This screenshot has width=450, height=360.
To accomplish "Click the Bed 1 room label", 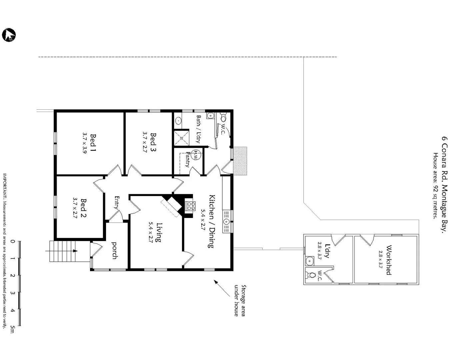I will click(93, 143).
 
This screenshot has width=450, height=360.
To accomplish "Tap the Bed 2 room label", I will click(84, 208).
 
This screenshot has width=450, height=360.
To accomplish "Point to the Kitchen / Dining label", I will click(211, 221).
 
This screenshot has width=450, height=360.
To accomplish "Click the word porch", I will click(114, 250).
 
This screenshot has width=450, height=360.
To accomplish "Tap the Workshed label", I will click(388, 260).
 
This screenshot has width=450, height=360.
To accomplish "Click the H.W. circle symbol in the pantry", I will click(196, 154).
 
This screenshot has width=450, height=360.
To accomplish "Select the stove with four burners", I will click(190, 206).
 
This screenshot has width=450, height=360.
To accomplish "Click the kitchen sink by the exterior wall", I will click(227, 221).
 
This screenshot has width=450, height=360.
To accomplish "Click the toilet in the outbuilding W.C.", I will click(311, 275).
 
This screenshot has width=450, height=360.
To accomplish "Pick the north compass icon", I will click(9, 35).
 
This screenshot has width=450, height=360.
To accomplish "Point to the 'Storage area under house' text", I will click(240, 300).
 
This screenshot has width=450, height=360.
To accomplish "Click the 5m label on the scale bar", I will click(12, 330).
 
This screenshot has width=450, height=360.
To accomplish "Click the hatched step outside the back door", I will click(240, 161).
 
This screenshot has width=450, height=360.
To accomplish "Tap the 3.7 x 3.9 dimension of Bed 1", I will click(84, 143).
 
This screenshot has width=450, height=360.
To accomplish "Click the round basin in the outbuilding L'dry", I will click(310, 260).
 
